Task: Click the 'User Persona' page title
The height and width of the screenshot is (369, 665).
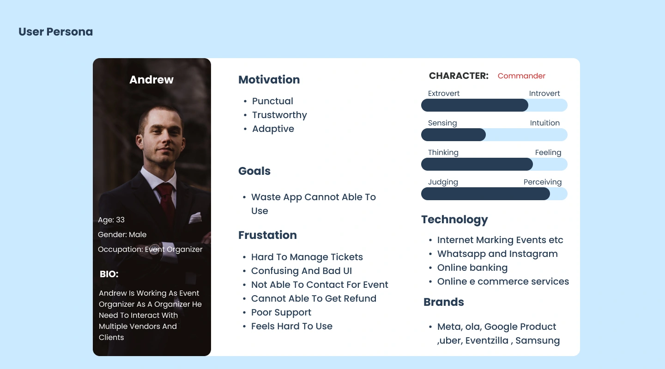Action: click(55, 32)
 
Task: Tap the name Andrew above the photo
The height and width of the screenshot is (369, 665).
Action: click(151, 79)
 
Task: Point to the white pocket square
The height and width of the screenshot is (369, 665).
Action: click(195, 218)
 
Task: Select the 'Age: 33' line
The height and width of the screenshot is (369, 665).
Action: click(111, 220)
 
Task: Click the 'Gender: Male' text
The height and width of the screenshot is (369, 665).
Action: click(122, 235)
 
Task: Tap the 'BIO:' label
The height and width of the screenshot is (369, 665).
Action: click(109, 274)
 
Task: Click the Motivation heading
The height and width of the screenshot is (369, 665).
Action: click(269, 80)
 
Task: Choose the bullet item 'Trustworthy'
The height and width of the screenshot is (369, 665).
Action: click(279, 115)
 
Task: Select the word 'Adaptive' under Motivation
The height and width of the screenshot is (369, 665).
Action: click(273, 129)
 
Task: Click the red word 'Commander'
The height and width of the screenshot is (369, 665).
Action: click(522, 76)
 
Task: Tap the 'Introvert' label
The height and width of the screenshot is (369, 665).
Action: click(544, 94)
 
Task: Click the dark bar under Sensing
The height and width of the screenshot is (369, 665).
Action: click(453, 135)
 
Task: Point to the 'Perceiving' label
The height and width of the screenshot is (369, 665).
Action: click(542, 182)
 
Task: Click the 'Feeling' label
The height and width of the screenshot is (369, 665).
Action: click(548, 153)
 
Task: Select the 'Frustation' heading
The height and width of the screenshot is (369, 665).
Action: click(267, 235)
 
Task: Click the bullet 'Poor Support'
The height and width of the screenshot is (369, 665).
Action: click(281, 312)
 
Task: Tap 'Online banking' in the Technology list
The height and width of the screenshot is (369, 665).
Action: click(472, 268)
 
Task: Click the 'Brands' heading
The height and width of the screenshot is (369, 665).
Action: click(443, 302)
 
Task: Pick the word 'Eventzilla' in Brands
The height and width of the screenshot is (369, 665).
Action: click(487, 340)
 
